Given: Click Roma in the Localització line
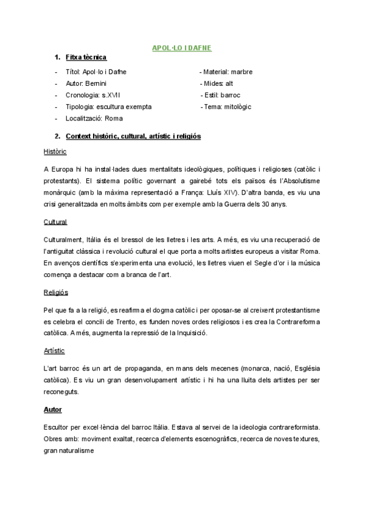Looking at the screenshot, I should [x=114, y=118].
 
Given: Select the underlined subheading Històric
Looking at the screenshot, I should [x=55, y=151].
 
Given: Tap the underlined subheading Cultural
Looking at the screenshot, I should [x=55, y=221].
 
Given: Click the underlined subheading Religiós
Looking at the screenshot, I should [x=56, y=292].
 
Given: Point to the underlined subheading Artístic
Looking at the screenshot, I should [x=55, y=351].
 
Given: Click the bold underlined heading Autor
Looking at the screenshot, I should [x=53, y=410].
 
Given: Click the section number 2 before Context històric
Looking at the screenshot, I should [x=57, y=136].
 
